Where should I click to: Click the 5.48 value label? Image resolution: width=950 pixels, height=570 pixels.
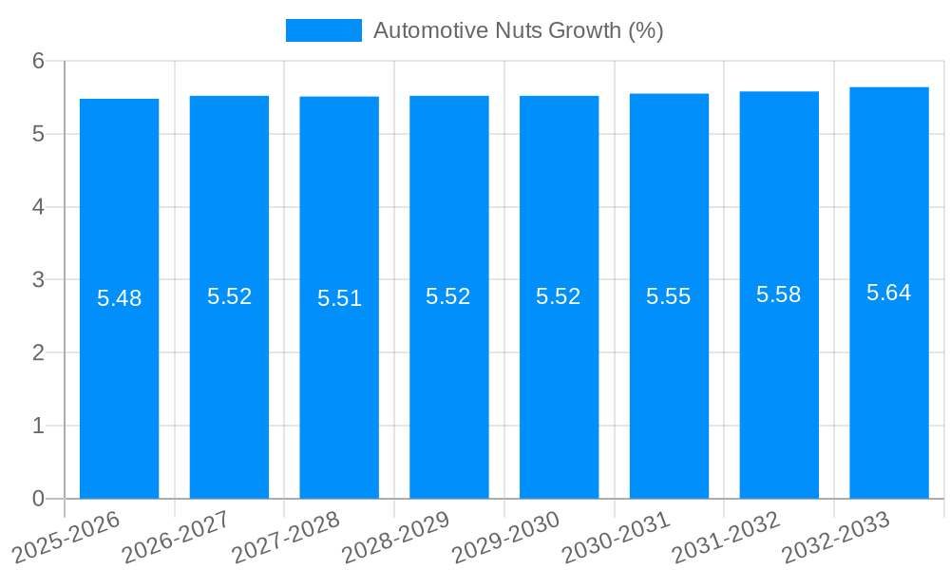pyautogui.click(x=119, y=298)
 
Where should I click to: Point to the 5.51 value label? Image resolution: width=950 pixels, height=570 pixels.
pyautogui.click(x=339, y=298)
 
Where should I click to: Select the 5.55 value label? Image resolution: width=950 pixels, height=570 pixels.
pyautogui.click(x=669, y=296)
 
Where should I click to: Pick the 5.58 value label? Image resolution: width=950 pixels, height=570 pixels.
pyautogui.click(x=779, y=294)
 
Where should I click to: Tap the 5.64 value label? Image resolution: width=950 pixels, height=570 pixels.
pyautogui.click(x=889, y=293)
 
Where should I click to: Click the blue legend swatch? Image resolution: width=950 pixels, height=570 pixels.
pyautogui.click(x=323, y=30)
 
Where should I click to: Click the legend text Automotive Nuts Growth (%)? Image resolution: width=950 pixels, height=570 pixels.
pyautogui.click(x=518, y=30)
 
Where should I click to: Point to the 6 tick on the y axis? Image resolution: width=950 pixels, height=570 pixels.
pyautogui.click(x=38, y=61)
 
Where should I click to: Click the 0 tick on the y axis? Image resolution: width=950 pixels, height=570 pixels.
pyautogui.click(x=38, y=499)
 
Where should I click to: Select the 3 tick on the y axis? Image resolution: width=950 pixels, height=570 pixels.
pyautogui.click(x=38, y=280)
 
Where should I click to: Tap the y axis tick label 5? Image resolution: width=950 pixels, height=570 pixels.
pyautogui.click(x=38, y=134)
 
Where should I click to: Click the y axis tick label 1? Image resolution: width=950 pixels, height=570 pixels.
pyautogui.click(x=38, y=426)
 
